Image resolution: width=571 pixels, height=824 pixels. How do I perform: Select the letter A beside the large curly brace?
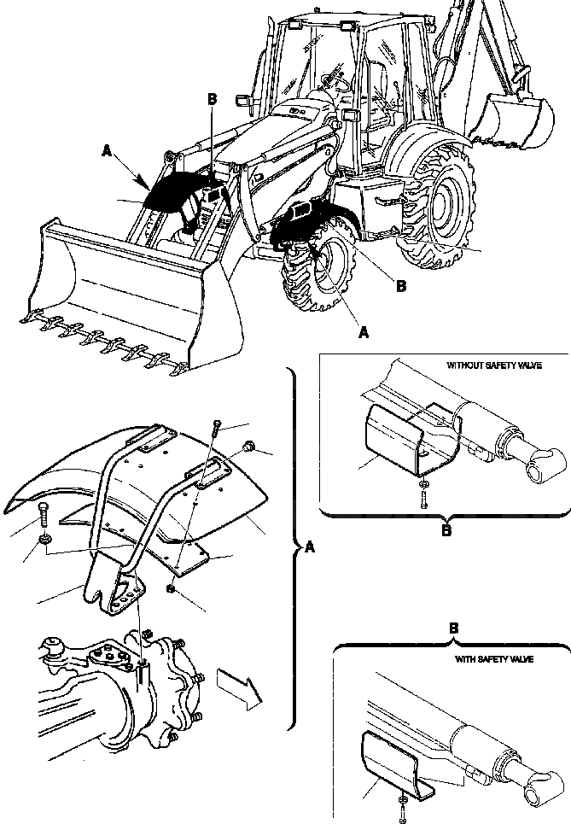(x=309, y=549)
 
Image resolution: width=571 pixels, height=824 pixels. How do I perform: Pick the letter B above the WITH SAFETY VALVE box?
(x=454, y=628)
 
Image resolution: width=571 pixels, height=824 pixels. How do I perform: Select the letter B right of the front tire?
(x=400, y=286)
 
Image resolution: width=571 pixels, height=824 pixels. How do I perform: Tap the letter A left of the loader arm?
(x=106, y=150)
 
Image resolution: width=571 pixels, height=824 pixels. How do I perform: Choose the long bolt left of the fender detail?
(x=44, y=517)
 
